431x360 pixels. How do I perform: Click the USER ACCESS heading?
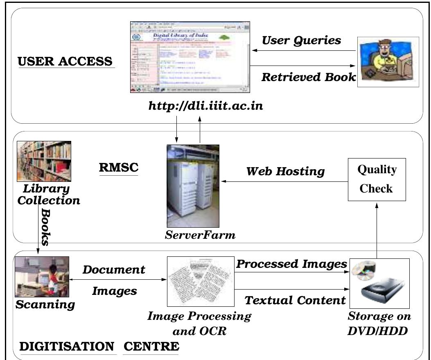click(65, 61)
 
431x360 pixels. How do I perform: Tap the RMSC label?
click(119, 168)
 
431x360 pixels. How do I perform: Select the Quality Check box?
click(377, 179)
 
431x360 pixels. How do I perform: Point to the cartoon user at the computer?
click(388, 61)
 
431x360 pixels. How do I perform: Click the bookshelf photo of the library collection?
click(44, 161)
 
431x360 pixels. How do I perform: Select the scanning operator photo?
click(42, 276)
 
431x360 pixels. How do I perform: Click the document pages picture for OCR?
click(201, 281)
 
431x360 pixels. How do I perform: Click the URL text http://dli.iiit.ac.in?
click(205, 106)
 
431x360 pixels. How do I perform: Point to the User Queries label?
click(301, 40)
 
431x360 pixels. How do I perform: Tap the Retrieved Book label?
click(308, 77)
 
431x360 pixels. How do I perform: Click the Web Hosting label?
click(285, 171)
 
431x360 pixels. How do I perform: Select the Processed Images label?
click(291, 264)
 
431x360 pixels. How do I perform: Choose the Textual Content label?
click(295, 300)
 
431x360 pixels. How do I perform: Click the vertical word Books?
click(45, 227)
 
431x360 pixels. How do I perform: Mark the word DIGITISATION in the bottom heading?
click(67, 346)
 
